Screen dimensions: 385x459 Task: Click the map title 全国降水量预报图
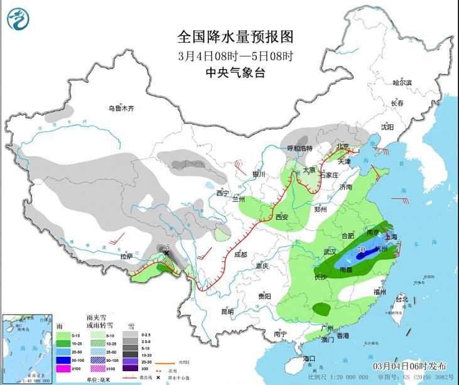[x=230, y=37]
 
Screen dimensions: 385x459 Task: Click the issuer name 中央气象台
[x=230, y=73]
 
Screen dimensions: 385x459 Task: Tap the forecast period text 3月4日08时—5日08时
[x=230, y=55]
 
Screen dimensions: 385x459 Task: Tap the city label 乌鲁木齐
[x=121, y=108]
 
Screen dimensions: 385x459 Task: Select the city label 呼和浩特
[x=300, y=148]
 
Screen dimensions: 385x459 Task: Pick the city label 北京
[x=342, y=147]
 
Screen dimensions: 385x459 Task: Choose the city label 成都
[x=240, y=254]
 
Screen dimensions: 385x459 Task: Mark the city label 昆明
[x=227, y=312]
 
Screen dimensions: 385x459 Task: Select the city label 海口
[x=308, y=358]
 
